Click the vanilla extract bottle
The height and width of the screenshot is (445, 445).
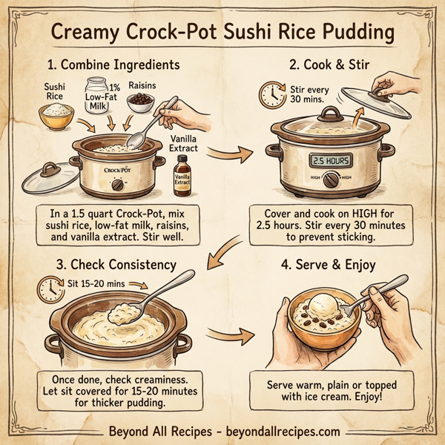[182, 179]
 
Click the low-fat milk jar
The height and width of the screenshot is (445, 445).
[98, 96]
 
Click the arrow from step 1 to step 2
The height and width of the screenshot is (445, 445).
[227, 154]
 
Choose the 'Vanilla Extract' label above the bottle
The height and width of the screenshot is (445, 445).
[182, 142]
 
